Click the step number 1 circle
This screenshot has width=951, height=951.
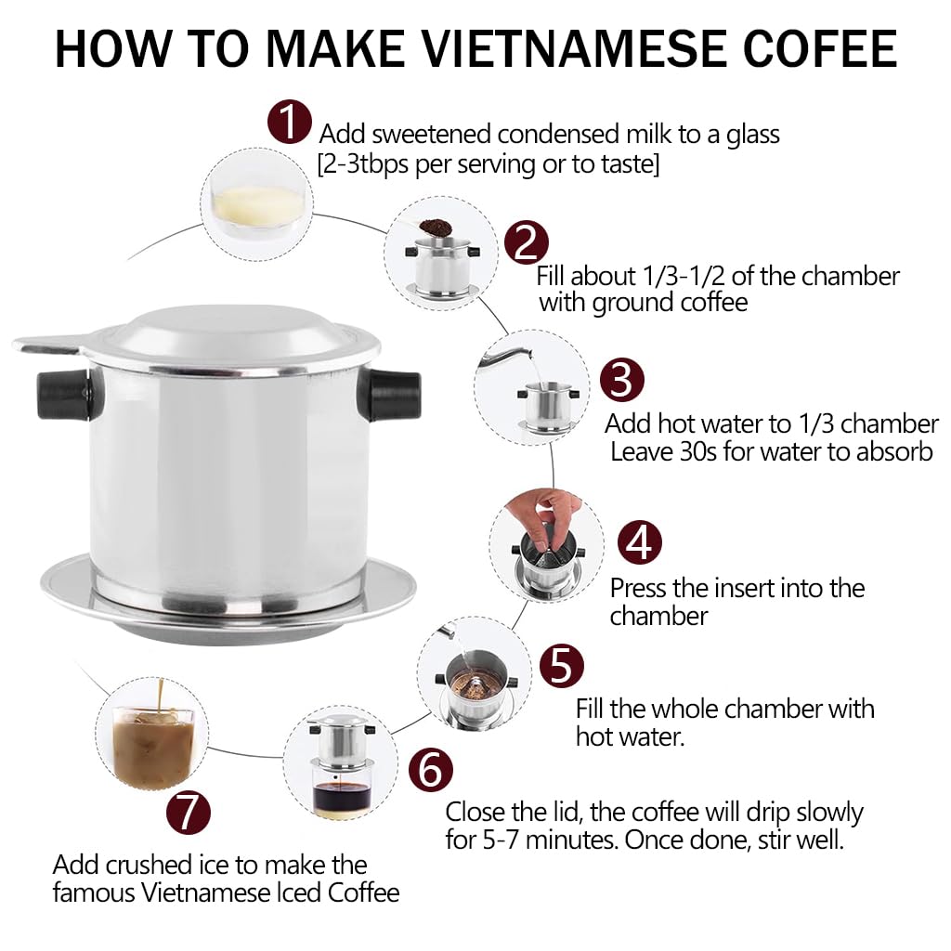[289, 123]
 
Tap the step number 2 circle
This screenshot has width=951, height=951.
[526, 242]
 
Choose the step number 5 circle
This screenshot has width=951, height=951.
[561, 666]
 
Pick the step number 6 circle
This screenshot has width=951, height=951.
[430, 770]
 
